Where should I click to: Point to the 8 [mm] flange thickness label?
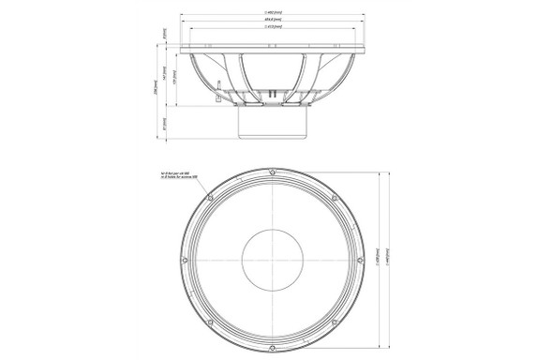click(166, 35)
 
